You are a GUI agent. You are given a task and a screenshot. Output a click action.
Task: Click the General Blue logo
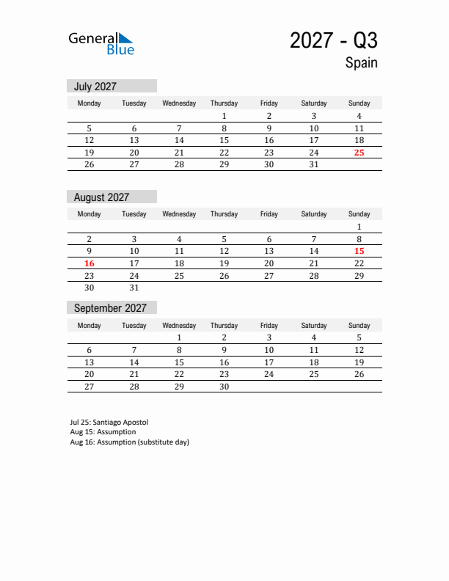(x=101, y=43)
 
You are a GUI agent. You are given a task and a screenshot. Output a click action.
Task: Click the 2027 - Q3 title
(x=333, y=40)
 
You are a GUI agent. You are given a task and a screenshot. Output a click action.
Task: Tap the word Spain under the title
(x=361, y=62)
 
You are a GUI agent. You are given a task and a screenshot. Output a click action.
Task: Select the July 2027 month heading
(x=95, y=86)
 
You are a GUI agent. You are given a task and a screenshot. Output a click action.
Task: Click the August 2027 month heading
(x=101, y=197)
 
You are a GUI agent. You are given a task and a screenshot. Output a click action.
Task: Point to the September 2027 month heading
(x=110, y=308)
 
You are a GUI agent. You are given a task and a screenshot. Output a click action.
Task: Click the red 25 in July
(x=359, y=153)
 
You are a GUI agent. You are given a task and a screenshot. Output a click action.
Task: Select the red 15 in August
(x=359, y=251)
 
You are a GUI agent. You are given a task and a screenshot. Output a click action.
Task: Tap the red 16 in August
(x=90, y=263)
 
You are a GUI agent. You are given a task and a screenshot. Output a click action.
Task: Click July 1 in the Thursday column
(x=224, y=116)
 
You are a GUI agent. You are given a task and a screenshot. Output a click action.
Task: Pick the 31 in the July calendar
(x=314, y=165)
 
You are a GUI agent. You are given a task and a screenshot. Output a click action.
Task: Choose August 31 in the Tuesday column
(x=134, y=288)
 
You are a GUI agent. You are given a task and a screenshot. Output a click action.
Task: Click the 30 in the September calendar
(x=224, y=387)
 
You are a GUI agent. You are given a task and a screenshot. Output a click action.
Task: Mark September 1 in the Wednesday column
(x=179, y=338)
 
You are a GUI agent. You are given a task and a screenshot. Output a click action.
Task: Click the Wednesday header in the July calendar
(x=179, y=103)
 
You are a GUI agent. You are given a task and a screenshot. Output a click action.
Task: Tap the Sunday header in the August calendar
(x=359, y=214)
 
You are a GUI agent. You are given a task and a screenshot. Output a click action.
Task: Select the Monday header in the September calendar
(x=90, y=326)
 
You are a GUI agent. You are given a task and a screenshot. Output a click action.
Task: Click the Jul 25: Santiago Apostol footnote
(x=109, y=423)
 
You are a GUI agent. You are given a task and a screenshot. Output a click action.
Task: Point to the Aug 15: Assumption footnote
(x=103, y=432)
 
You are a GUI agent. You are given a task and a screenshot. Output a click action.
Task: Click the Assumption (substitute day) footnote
(x=129, y=442)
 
